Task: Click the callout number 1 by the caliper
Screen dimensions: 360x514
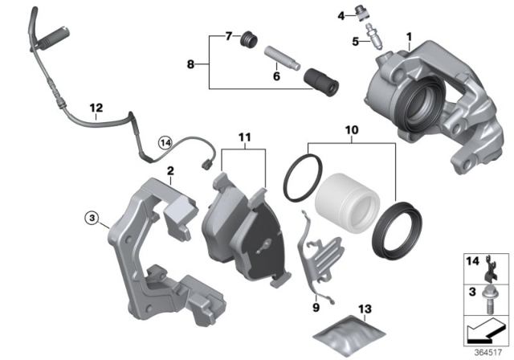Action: [408, 36]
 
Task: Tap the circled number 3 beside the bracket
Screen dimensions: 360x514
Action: [92, 217]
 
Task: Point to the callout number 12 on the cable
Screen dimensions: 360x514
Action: [96, 107]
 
